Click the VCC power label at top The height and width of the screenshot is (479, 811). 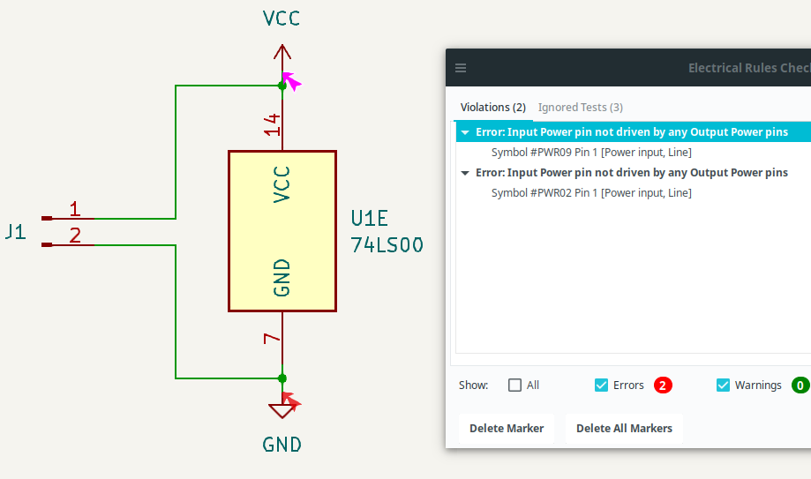tap(282, 19)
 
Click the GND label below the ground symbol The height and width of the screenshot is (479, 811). tap(282, 445)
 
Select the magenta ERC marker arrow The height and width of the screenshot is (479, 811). tap(291, 81)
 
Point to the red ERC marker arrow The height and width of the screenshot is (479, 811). tap(291, 404)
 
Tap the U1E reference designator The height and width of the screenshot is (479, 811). tap(369, 219)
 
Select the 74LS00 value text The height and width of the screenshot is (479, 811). tap(387, 245)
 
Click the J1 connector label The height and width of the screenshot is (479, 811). tap(14, 233)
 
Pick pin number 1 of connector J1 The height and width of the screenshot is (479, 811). tap(75, 209)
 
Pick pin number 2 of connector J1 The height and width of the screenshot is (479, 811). tap(75, 236)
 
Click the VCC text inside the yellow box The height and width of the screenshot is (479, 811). tap(282, 183)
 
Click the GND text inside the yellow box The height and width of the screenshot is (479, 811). tap(282, 277)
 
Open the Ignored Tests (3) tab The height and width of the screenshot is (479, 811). tap(580, 107)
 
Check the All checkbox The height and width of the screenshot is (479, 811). tap(515, 385)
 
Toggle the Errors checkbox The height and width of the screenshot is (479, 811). tap(601, 385)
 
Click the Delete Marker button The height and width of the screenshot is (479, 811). tap(506, 429)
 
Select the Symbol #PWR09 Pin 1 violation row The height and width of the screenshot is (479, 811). tap(591, 152)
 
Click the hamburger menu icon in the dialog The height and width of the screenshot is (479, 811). tap(461, 68)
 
